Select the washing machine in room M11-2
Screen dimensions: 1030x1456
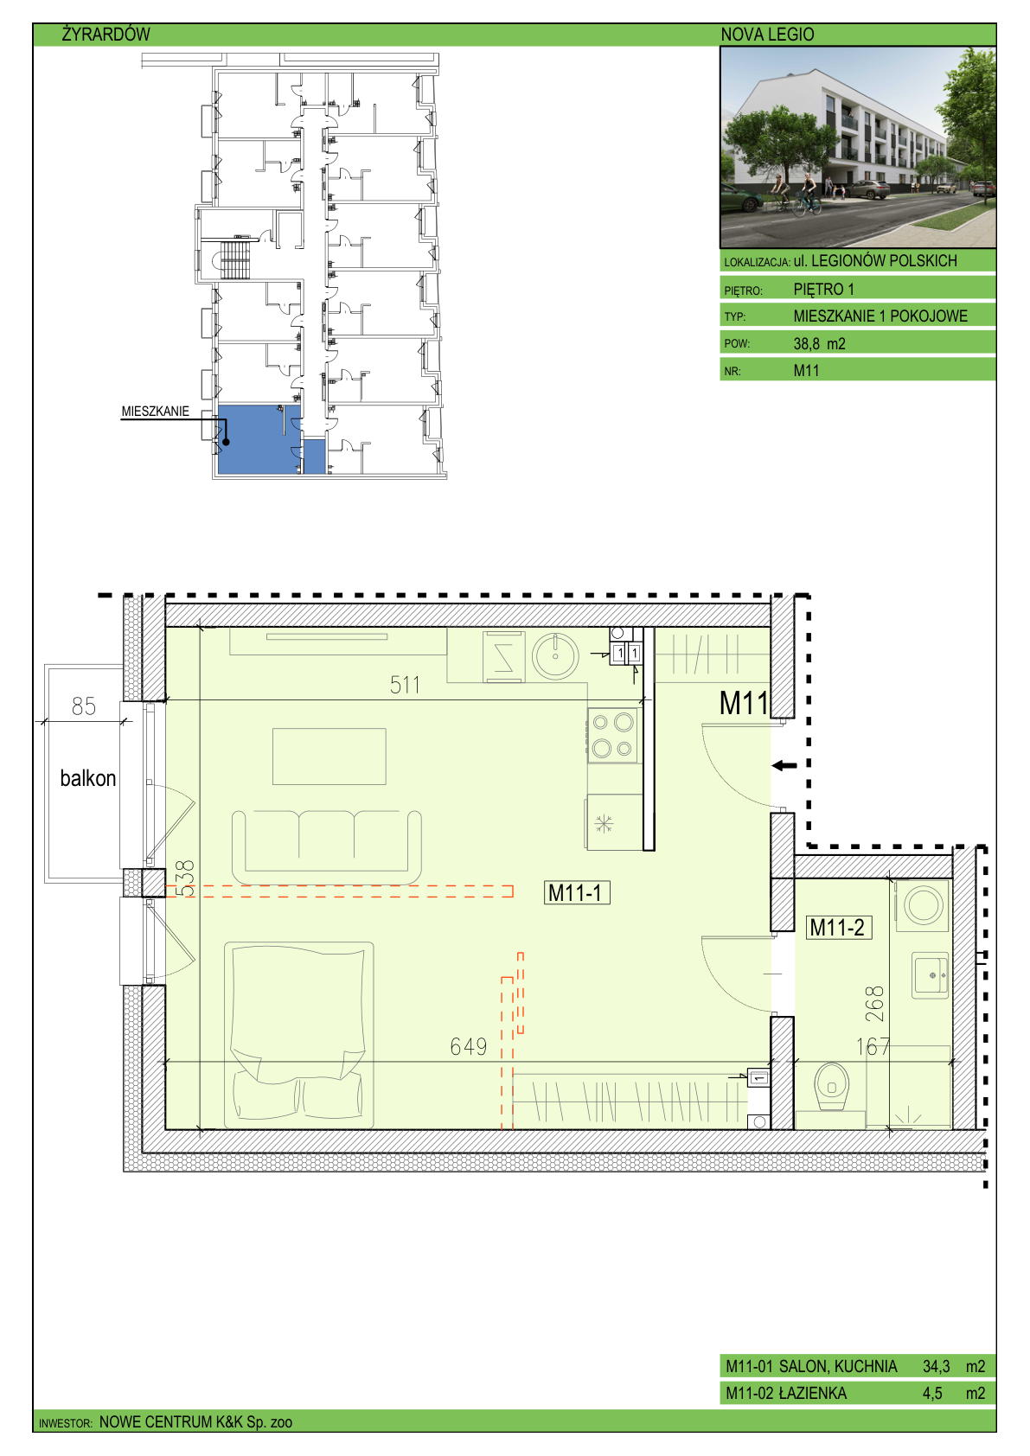923,904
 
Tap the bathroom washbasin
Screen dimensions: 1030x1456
931,975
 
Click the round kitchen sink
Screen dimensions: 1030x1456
555,656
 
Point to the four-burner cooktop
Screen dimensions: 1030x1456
612,735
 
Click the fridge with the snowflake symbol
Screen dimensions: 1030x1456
615,822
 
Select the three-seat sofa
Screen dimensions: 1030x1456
326,847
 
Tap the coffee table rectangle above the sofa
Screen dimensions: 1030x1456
329,756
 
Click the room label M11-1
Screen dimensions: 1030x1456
577,892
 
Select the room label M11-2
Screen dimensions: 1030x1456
838,927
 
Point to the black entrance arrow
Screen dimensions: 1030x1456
784,765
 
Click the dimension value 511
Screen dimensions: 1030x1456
405,685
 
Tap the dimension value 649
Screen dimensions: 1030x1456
468,1046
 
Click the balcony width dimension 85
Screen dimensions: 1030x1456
84,706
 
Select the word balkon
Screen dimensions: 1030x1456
88,778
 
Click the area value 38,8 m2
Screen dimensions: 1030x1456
819,343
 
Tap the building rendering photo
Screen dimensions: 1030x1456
858,147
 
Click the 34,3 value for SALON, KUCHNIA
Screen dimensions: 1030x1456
937,1366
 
